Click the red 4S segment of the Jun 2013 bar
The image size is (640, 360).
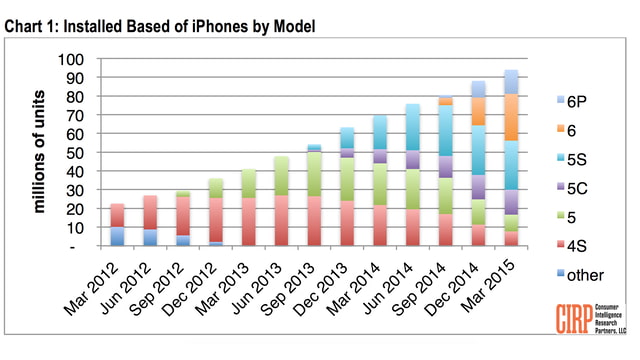pyautogui.click(x=281, y=221)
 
